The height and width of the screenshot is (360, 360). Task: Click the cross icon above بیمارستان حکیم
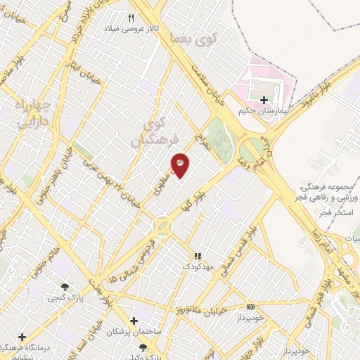click(x=264, y=101)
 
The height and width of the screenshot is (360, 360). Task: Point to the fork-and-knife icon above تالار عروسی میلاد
click(x=131, y=18)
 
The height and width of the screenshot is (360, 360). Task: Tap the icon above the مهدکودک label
click(x=198, y=256)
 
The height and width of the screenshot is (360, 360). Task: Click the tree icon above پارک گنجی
click(x=65, y=287)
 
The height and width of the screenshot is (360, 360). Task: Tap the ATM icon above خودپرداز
click(x=251, y=307)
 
